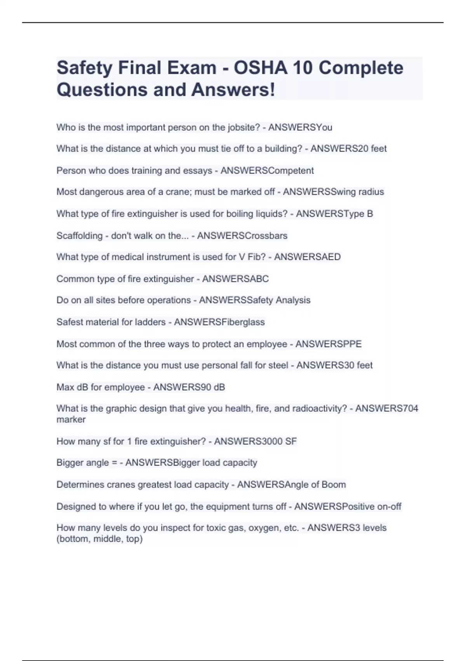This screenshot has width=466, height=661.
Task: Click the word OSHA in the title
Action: click(260, 68)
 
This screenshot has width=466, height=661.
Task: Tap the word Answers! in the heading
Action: click(233, 90)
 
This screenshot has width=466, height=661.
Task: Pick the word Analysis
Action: click(293, 300)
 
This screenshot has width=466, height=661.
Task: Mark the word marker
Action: click(71, 420)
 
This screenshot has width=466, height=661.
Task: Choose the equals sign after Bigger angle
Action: click(114, 463)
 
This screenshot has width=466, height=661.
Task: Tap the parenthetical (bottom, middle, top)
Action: click(99, 539)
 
